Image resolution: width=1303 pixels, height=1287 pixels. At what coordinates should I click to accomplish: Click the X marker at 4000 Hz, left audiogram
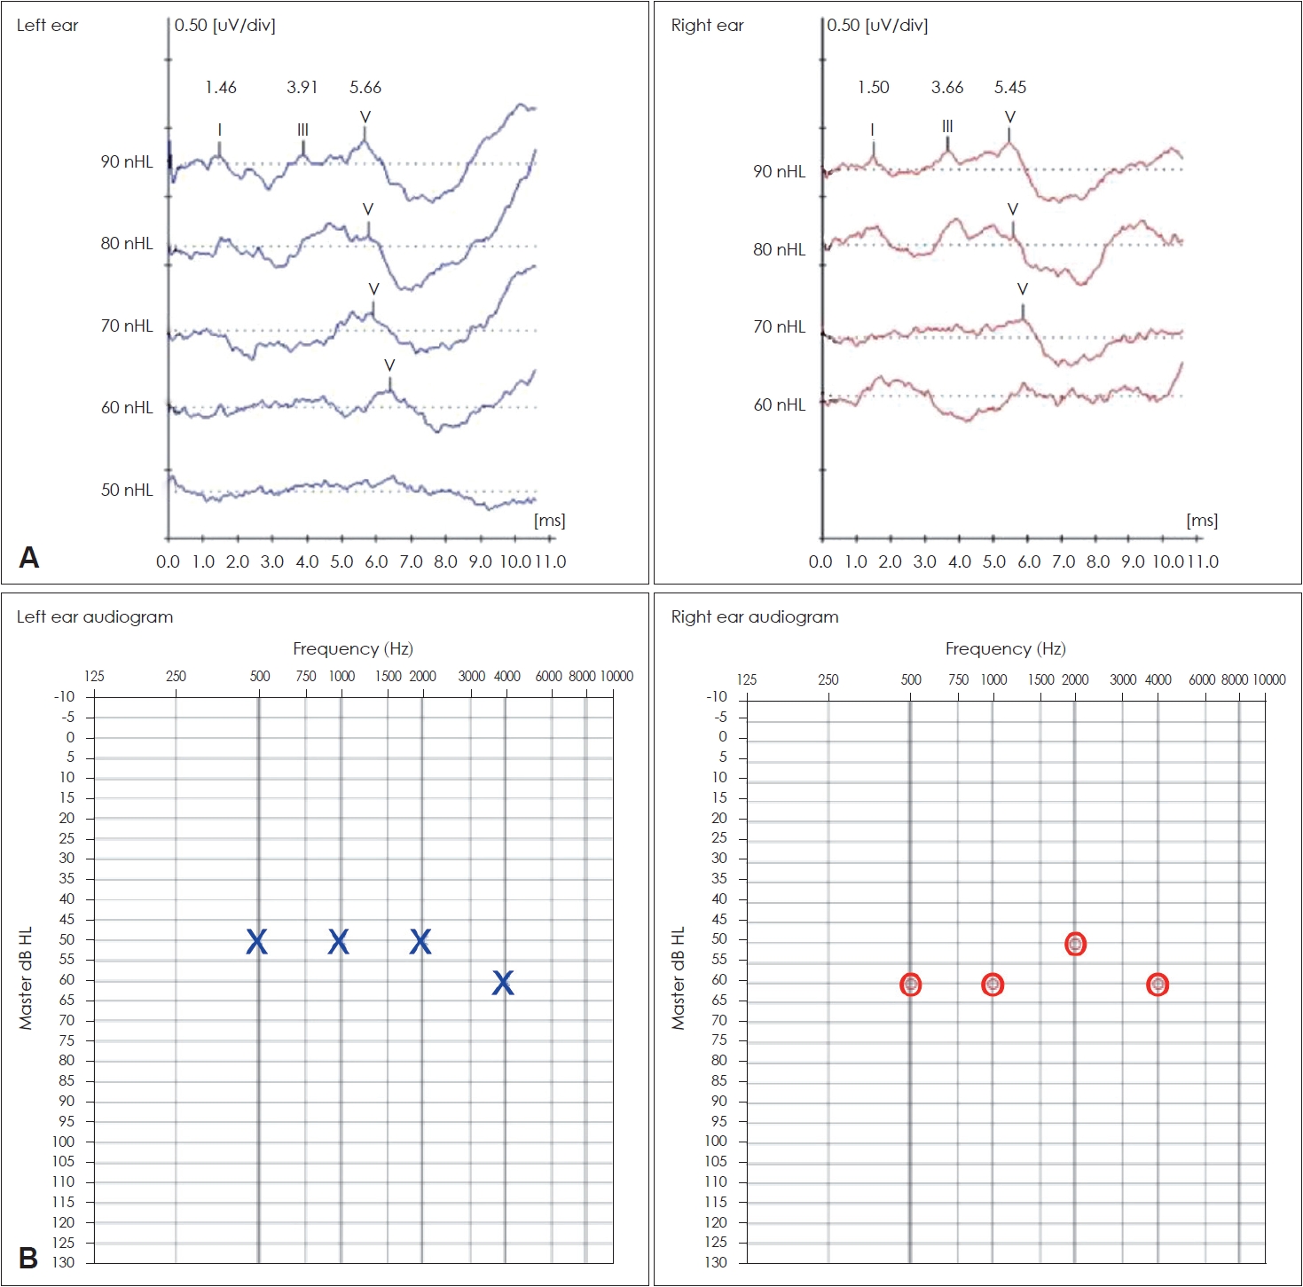[x=503, y=982]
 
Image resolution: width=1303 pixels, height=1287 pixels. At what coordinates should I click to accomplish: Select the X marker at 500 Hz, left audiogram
[x=256, y=941]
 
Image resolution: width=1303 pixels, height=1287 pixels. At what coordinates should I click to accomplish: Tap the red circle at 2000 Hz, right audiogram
[x=1075, y=945]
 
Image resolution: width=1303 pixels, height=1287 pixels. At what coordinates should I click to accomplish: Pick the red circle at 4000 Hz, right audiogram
[x=1158, y=985]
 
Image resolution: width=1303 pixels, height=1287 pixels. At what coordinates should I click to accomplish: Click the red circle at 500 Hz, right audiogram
[x=911, y=985]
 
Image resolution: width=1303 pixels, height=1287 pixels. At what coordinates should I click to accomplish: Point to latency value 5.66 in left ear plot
[x=365, y=87]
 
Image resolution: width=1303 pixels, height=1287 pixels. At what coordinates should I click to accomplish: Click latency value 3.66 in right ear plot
[x=947, y=87]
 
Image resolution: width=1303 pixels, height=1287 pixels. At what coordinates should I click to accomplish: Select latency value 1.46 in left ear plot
[x=221, y=87]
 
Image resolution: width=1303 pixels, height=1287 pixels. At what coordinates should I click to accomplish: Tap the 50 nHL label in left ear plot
[x=127, y=490]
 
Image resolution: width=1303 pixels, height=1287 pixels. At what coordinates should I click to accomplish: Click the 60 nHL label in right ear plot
[x=780, y=405]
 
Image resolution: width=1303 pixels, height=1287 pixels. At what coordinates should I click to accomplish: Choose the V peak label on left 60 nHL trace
[x=389, y=365]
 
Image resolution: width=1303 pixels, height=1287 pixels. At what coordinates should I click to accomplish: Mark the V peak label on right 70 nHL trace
[x=1023, y=289]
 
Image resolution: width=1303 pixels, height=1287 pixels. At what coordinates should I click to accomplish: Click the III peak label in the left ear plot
[x=303, y=130]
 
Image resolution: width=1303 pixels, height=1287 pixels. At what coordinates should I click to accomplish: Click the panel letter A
[x=29, y=558]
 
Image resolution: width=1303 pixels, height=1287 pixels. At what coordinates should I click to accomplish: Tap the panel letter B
[x=28, y=1258]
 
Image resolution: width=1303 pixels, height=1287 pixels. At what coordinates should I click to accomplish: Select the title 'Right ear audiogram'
[x=755, y=617]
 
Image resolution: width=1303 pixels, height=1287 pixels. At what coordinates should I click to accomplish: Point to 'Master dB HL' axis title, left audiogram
[x=26, y=978]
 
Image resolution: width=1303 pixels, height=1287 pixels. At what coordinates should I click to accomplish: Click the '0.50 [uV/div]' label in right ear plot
[x=877, y=25]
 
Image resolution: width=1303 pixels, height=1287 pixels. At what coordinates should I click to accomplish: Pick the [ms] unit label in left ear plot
[x=550, y=521]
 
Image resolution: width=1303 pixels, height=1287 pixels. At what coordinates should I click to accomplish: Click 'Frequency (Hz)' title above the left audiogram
[x=353, y=649]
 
